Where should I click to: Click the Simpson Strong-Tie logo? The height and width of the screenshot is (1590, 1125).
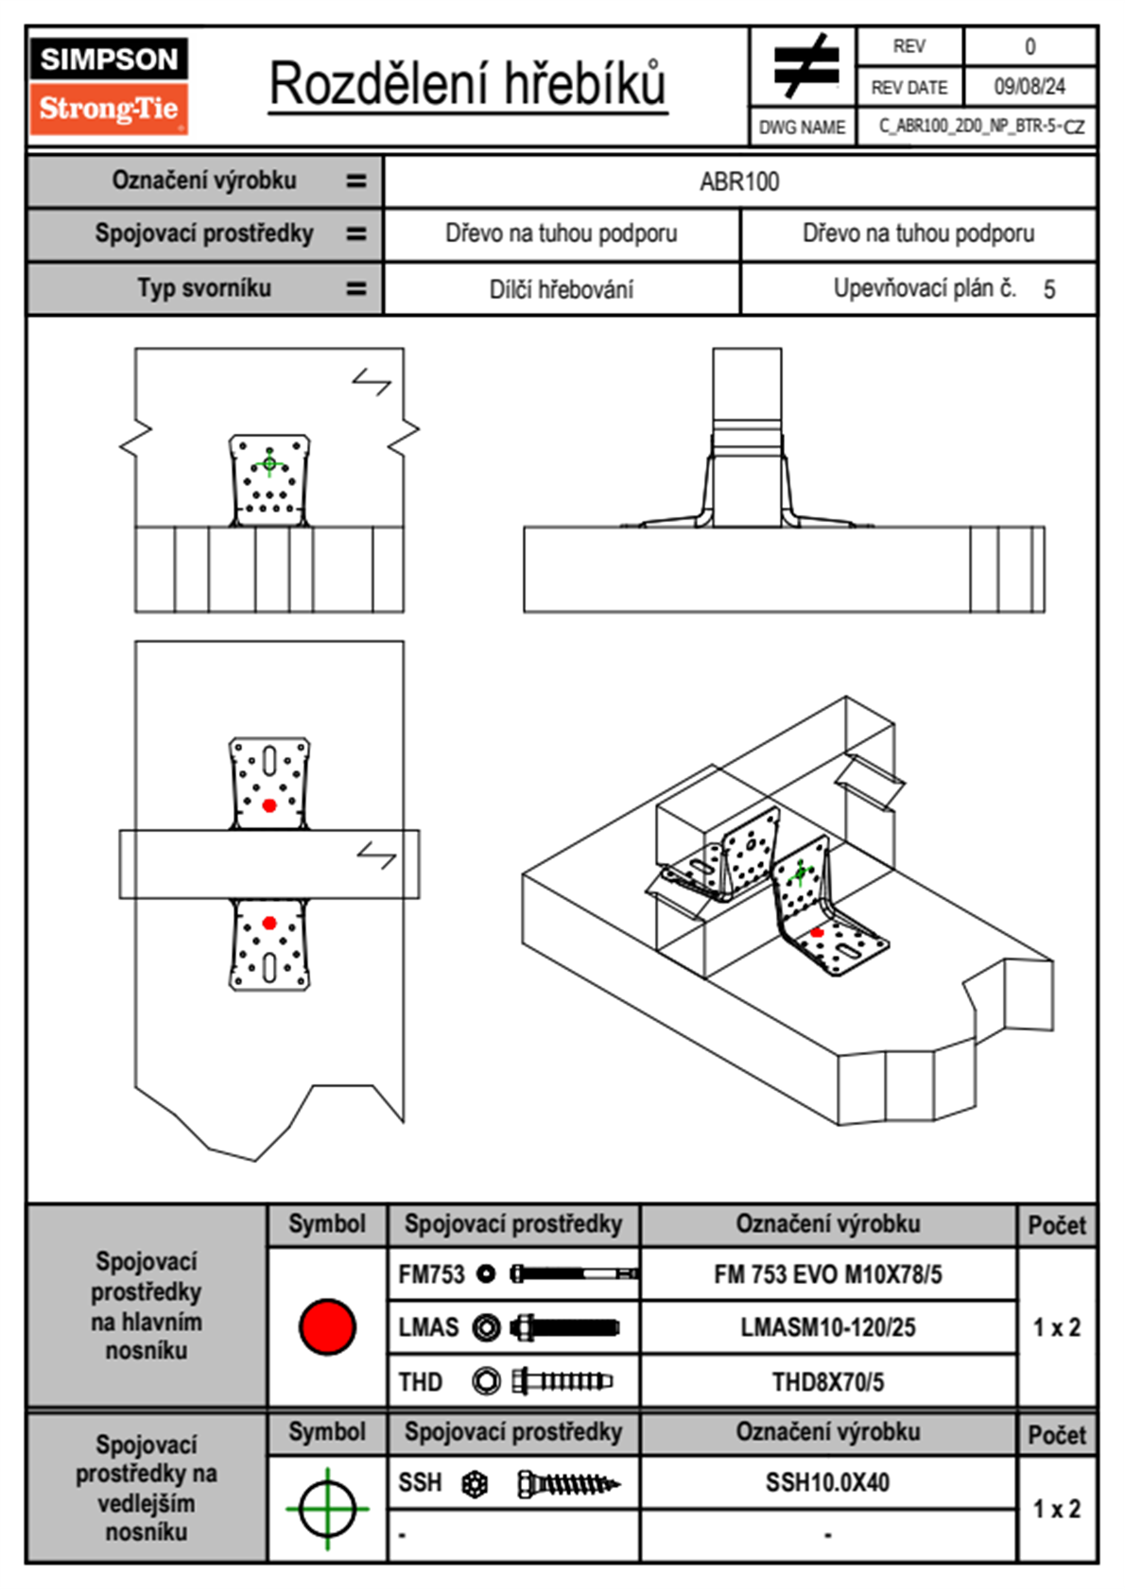109,85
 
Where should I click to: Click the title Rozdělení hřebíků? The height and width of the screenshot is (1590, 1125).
468,84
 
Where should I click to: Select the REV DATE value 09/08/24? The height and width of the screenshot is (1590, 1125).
1029,87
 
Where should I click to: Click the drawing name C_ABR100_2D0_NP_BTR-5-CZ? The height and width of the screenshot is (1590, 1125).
980,127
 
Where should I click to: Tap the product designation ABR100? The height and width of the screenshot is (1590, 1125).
739,182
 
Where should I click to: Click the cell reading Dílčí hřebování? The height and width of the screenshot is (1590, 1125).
561,289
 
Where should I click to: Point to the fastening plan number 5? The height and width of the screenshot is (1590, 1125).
1048,289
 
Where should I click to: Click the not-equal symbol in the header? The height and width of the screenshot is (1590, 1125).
805,66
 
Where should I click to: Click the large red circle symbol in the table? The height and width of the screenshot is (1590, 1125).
327,1326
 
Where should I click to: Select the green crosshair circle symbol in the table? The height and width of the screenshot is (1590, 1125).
327,1509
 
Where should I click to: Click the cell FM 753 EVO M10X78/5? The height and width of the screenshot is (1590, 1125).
827,1275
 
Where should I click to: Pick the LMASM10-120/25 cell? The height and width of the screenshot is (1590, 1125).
827,1328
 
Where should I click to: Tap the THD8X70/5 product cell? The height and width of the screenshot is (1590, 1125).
827,1382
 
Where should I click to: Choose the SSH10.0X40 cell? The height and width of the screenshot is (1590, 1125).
827,1482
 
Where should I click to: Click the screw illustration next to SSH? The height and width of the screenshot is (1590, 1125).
567,1484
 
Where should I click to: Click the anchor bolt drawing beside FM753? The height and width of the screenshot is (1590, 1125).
574,1274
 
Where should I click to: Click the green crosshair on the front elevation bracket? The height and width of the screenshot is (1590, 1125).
269,463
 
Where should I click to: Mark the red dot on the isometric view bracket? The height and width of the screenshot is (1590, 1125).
817,933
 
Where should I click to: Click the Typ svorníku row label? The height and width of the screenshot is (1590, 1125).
204,288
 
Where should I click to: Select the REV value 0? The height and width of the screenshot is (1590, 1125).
1030,46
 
